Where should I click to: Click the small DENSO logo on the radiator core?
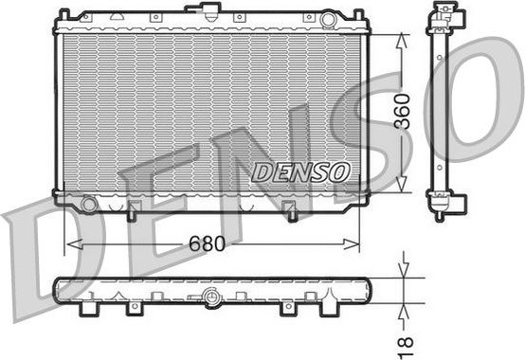(x=301, y=171)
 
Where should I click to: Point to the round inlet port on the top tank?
(x=328, y=19)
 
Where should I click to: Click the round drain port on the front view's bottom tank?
(x=89, y=203)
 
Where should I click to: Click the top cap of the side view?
(x=443, y=14)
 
